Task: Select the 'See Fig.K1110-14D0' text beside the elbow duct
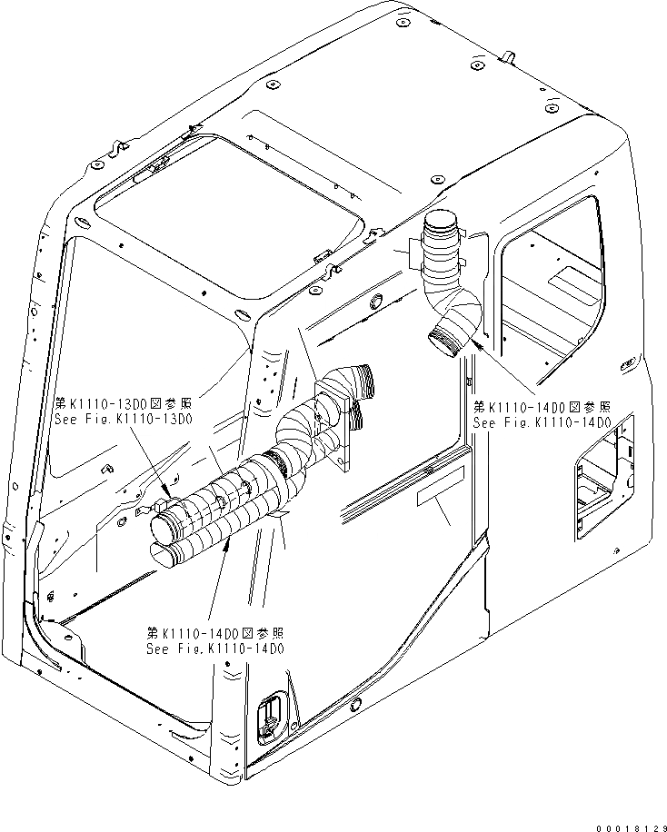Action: [x=542, y=423]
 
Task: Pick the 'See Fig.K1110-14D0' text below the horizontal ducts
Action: [x=215, y=649]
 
